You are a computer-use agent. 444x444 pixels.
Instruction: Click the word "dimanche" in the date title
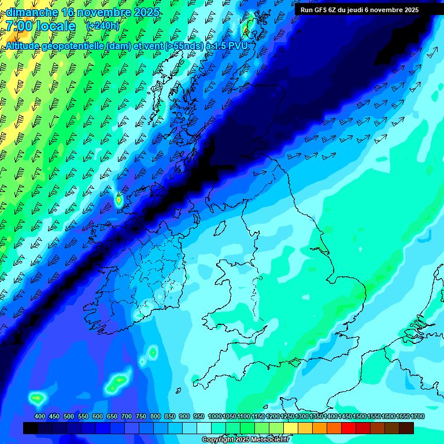coord(31,12)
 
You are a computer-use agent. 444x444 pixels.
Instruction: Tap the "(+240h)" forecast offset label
coord(102,26)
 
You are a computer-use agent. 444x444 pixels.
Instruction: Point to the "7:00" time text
coord(18,27)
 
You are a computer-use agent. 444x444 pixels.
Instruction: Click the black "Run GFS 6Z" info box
coord(359,10)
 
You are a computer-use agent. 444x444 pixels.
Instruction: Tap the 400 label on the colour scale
coord(40,416)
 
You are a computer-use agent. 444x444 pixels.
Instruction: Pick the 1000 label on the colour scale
coord(215,416)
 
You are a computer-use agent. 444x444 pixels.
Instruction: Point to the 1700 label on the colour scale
coord(417,416)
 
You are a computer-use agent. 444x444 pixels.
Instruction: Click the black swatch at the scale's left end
coord(31,428)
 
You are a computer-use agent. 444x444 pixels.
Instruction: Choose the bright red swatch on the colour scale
coord(349,428)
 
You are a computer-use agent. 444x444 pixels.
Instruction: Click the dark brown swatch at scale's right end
coord(406,428)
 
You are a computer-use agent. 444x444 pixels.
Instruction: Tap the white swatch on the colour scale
coord(204,428)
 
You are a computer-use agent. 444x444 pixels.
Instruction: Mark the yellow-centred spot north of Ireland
coord(119,200)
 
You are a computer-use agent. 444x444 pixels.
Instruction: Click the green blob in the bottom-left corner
coord(38,398)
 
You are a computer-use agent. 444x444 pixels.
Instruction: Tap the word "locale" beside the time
coord(55,27)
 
